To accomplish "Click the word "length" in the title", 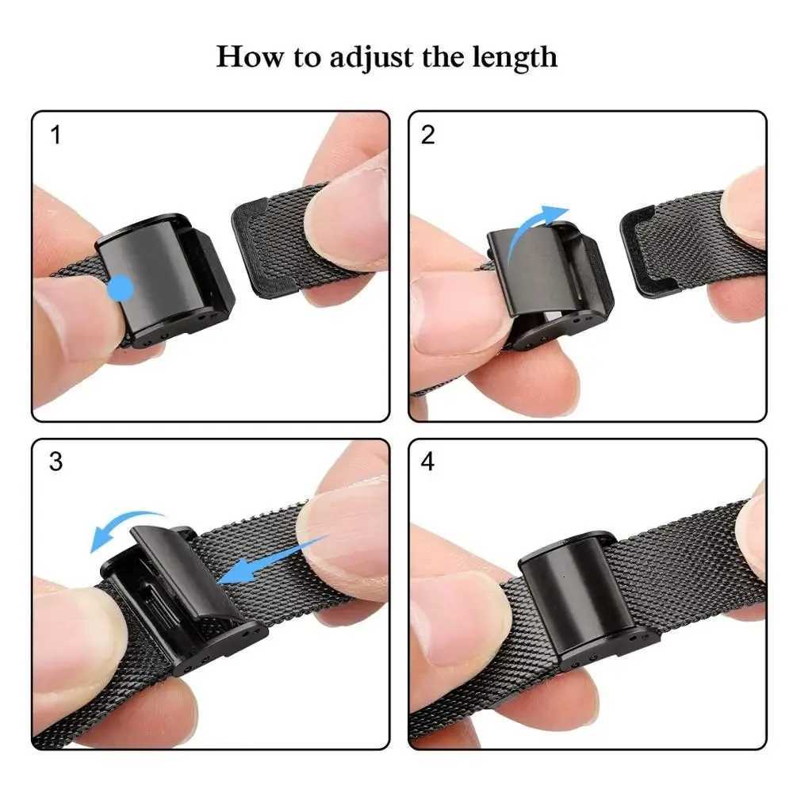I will click(515, 57).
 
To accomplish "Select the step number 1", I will click(56, 136).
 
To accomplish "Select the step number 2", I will click(428, 136).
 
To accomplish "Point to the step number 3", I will click(56, 462).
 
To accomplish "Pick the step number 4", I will click(428, 462).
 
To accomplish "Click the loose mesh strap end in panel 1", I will click(274, 246).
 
